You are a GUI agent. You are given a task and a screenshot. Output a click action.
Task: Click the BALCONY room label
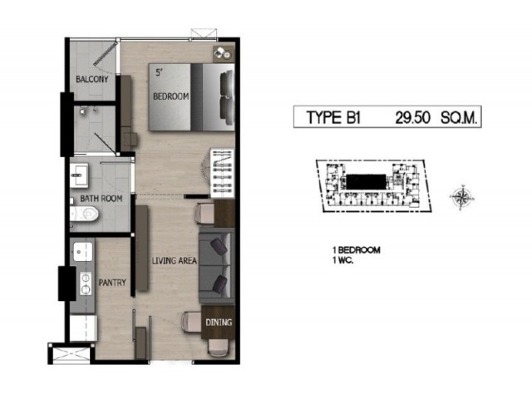pos(92,80)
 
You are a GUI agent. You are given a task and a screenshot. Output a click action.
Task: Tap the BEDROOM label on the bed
pos(170,96)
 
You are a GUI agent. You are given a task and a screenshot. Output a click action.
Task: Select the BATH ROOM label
pos(101,199)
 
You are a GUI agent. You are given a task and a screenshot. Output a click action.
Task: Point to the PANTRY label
pos(112,283)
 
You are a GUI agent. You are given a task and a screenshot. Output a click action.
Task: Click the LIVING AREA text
pos(174,260)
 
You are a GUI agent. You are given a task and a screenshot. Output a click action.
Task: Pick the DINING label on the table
pos(219,323)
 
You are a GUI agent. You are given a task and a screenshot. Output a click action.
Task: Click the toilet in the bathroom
pos(84,214)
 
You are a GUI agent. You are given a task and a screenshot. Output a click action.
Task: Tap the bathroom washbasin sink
pos(79,175)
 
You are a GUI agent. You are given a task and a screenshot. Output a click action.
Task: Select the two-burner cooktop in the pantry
pos(85,283)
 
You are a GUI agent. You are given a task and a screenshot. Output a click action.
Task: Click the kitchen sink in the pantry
pos(83,252)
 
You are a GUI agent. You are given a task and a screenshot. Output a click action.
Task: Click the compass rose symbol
pos(461,197)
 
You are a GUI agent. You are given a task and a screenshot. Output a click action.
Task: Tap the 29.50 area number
pos(413,118)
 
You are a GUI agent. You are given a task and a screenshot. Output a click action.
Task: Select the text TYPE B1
pos(333,118)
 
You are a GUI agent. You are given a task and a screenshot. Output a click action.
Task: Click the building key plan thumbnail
pos(373,186)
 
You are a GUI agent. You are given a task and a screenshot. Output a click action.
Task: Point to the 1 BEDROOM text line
pos(357,250)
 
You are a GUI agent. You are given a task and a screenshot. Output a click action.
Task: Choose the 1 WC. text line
pos(343,261)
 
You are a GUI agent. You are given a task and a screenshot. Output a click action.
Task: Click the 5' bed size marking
pos(159,72)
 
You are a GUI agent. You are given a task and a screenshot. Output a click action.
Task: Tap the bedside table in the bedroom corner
pos(224,53)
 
